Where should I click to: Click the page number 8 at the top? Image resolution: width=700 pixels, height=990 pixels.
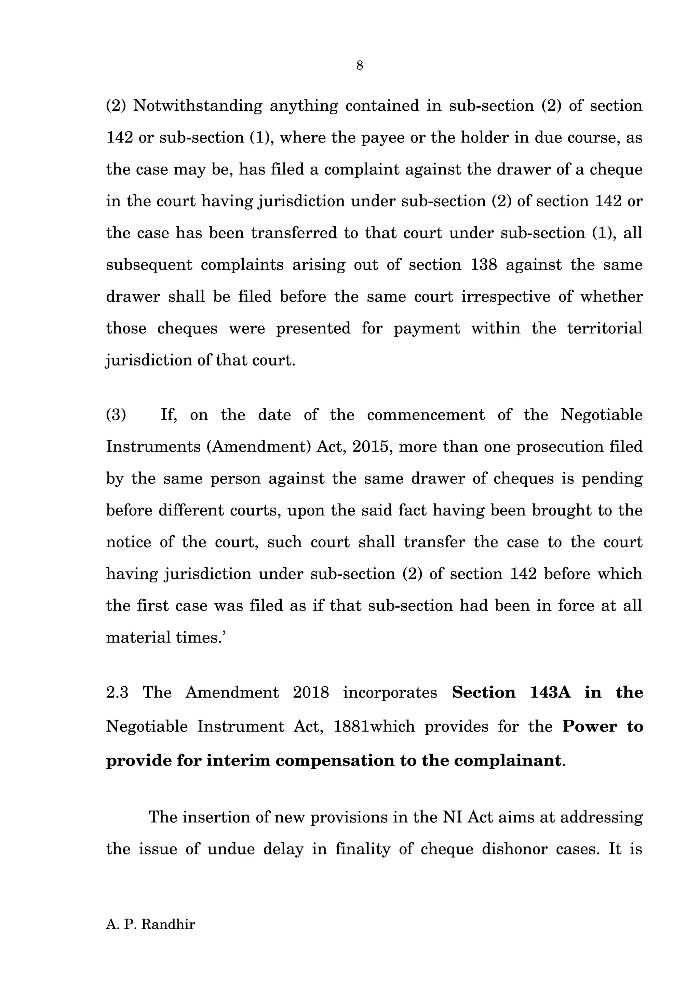[x=359, y=66]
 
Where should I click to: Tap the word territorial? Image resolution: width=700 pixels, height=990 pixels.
[x=604, y=328]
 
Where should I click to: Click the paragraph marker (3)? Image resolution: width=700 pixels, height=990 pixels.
[x=116, y=415]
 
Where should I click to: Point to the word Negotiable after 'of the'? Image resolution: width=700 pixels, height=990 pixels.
[x=601, y=415]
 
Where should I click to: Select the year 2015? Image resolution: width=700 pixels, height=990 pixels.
[x=371, y=447]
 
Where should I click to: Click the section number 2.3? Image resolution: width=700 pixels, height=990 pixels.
[x=117, y=692]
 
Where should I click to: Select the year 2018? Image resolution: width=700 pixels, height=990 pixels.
[x=311, y=692]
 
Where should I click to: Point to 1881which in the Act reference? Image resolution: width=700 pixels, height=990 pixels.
[x=374, y=727]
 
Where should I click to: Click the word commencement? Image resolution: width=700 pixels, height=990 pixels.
[x=426, y=415]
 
